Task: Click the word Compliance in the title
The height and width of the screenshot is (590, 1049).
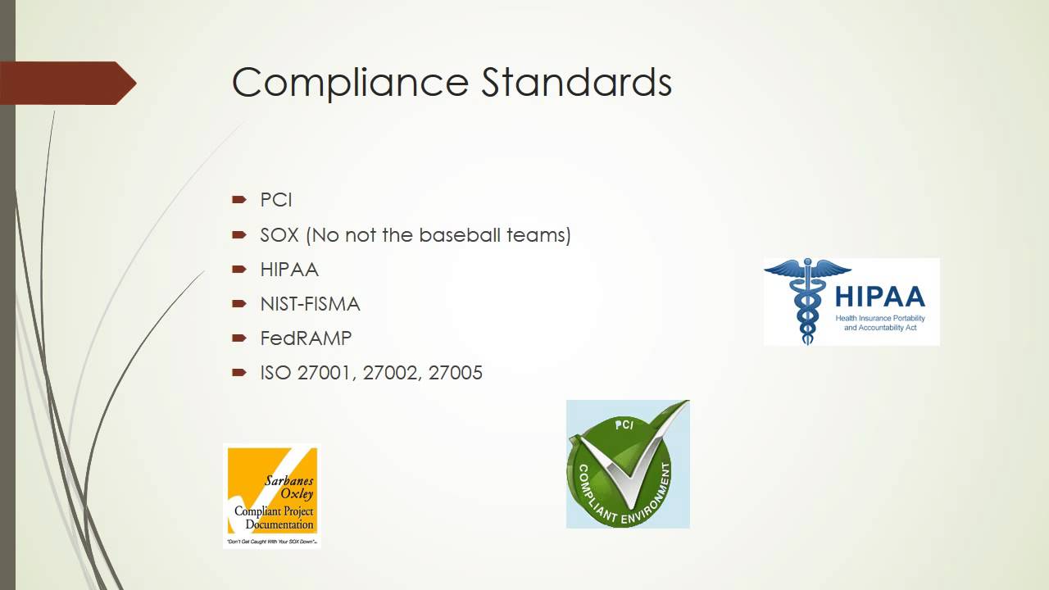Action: pos(350,83)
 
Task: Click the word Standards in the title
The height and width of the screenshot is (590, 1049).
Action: pos(576,83)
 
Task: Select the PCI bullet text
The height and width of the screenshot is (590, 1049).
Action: pos(276,200)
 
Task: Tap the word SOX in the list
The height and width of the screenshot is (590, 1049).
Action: pos(279,235)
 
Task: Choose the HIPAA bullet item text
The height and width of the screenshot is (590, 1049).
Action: pos(289,270)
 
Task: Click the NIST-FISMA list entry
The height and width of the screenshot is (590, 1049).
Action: pos(310,304)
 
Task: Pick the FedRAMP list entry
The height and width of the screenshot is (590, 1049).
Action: pos(306,338)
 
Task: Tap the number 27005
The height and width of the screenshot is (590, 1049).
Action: pos(456,373)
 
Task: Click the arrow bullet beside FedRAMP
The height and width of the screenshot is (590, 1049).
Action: pos(239,338)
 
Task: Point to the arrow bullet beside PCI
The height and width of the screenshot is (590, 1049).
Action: pos(239,199)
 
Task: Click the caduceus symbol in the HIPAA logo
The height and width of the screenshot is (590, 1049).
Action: pos(806,300)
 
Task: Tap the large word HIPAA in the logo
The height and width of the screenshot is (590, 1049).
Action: pos(880,297)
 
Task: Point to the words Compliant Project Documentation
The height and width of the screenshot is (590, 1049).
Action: pos(274,518)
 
